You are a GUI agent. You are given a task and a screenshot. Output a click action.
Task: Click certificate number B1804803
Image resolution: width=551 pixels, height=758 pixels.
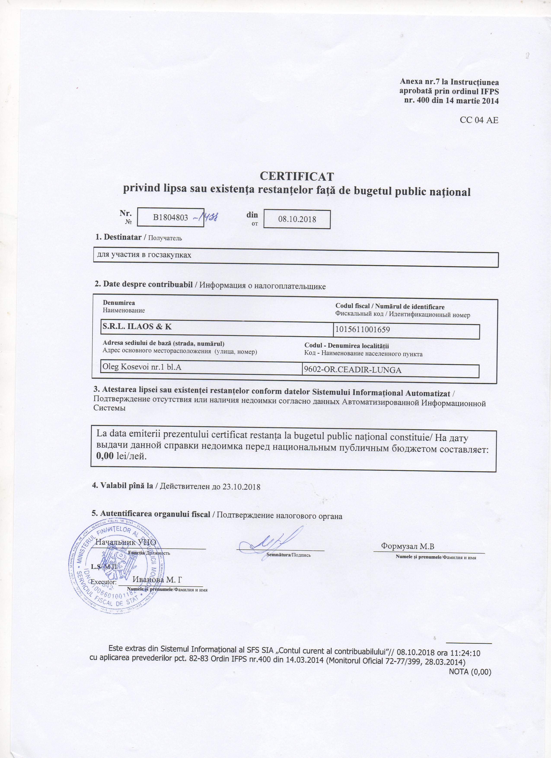click(170, 218)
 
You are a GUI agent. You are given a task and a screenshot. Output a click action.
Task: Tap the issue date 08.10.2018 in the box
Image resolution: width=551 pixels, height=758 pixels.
click(297, 219)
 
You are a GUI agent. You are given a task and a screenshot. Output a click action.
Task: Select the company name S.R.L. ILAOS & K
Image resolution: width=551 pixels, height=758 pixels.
click(137, 327)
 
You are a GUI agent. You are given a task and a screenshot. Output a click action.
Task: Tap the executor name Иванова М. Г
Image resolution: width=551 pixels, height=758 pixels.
click(158, 580)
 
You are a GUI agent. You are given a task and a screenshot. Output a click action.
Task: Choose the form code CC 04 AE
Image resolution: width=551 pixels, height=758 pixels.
click(479, 120)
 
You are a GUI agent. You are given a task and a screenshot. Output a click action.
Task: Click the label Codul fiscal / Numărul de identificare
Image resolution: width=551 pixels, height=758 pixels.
click(390, 307)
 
